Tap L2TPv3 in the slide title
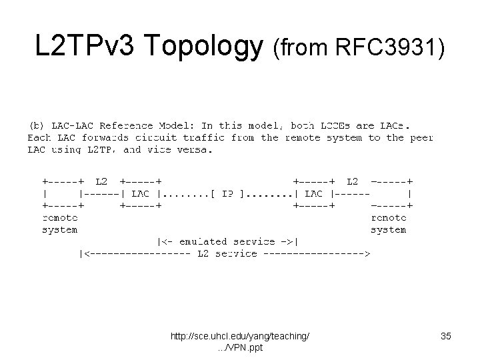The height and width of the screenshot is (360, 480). coord(85,47)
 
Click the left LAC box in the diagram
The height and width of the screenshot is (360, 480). coord(140,193)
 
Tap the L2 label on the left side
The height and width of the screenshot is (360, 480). coord(101,181)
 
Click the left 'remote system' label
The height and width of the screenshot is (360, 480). coord(59,223)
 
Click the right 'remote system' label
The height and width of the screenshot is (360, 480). coord(388,223)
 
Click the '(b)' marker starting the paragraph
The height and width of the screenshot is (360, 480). coord(36,125)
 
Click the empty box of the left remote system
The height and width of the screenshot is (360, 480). coord(61,193)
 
